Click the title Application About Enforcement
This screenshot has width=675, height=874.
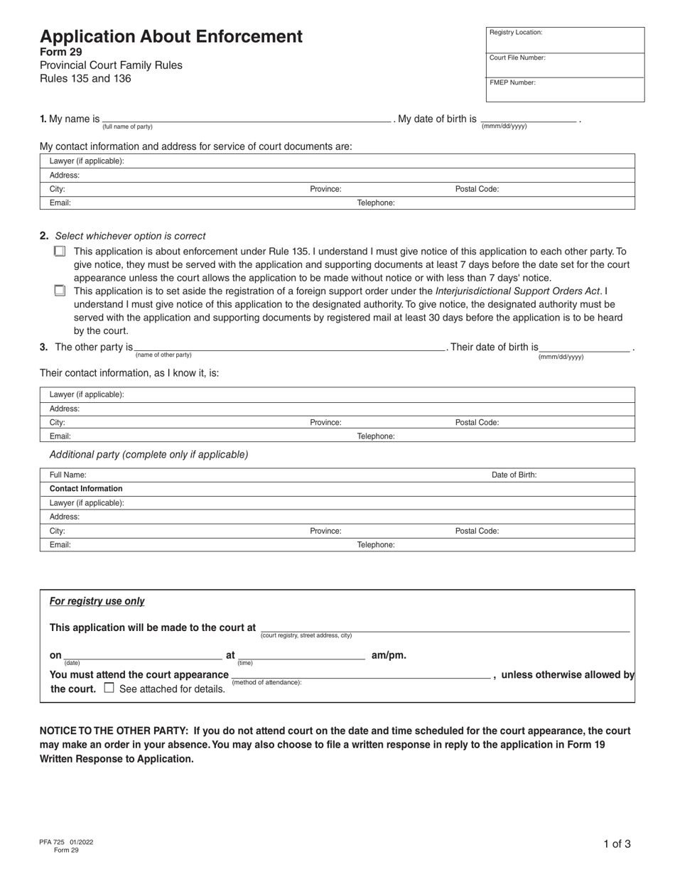171,37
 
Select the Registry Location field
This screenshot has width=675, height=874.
565,40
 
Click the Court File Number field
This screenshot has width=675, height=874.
565,65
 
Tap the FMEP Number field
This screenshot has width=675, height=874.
565,90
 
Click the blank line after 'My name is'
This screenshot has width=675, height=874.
247,118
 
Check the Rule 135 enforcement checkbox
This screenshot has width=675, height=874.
60,252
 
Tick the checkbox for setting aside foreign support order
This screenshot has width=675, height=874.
60,291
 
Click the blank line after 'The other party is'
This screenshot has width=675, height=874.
290,347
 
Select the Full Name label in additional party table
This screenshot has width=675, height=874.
67,475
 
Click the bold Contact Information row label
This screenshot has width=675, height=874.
86,489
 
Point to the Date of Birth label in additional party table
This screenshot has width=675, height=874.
514,475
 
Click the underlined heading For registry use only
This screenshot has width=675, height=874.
97,601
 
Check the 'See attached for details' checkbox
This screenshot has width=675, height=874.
109,688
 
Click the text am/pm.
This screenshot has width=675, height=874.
389,655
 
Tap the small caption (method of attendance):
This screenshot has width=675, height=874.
267,682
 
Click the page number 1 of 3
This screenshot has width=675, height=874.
617,844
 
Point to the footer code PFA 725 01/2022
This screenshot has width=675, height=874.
66,842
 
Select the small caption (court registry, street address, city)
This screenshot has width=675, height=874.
306,635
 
